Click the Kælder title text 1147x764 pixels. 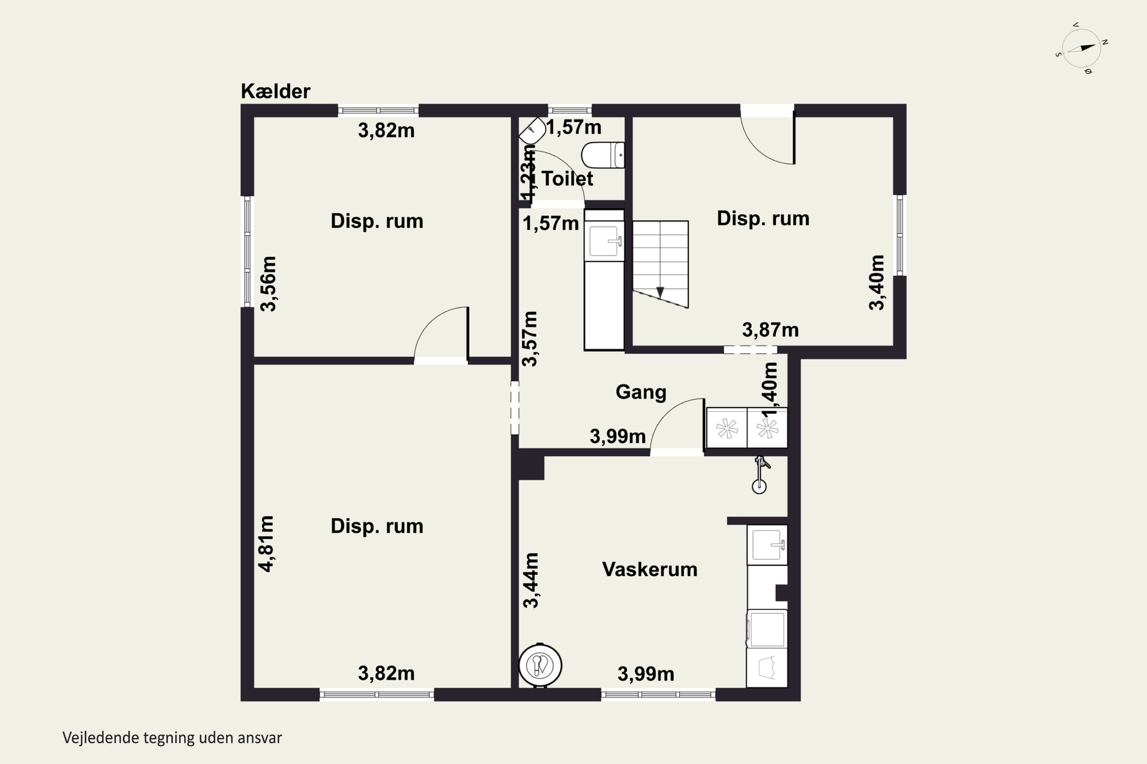tap(276, 91)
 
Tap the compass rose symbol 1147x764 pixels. tap(1082, 48)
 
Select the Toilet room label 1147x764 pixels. tap(567, 179)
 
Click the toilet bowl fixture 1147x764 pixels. tap(603, 155)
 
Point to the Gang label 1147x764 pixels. tap(641, 392)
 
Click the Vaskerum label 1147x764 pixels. tap(650, 569)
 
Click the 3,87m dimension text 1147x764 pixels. tap(770, 330)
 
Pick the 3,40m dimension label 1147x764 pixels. tap(876, 283)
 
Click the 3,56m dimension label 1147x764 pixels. tap(268, 283)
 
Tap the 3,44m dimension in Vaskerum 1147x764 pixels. tap(531, 580)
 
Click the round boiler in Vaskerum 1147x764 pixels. tap(540, 665)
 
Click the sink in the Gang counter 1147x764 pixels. tap(605, 241)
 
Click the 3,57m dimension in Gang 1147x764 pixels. tap(530, 338)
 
